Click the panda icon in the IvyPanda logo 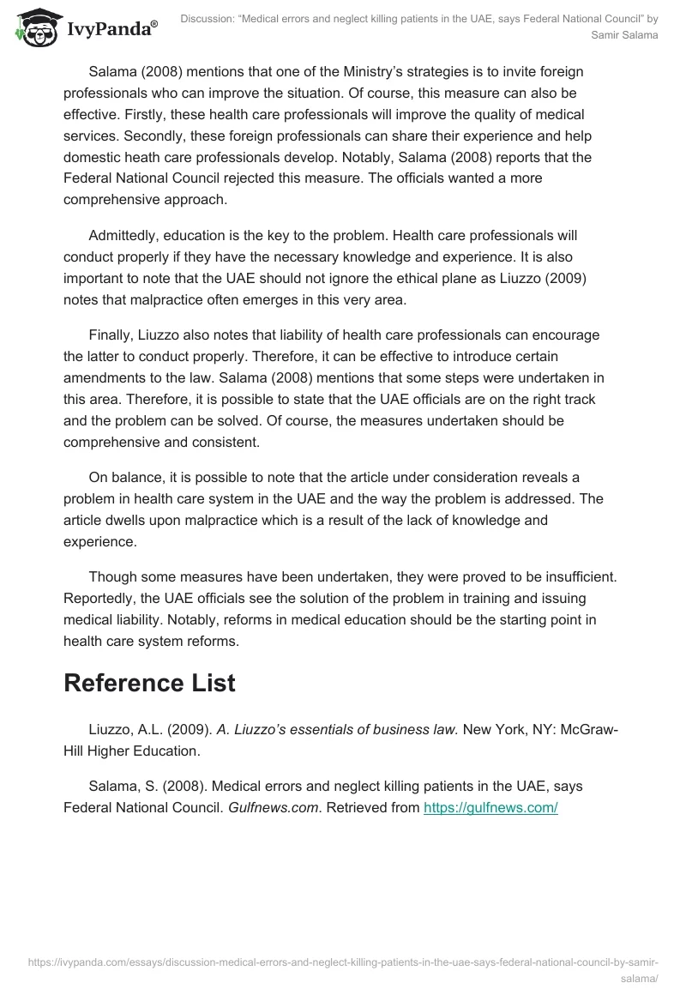(35, 28)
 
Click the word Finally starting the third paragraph (111, 335)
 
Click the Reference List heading (149, 683)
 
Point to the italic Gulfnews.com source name (268, 808)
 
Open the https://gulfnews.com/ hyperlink (490, 808)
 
